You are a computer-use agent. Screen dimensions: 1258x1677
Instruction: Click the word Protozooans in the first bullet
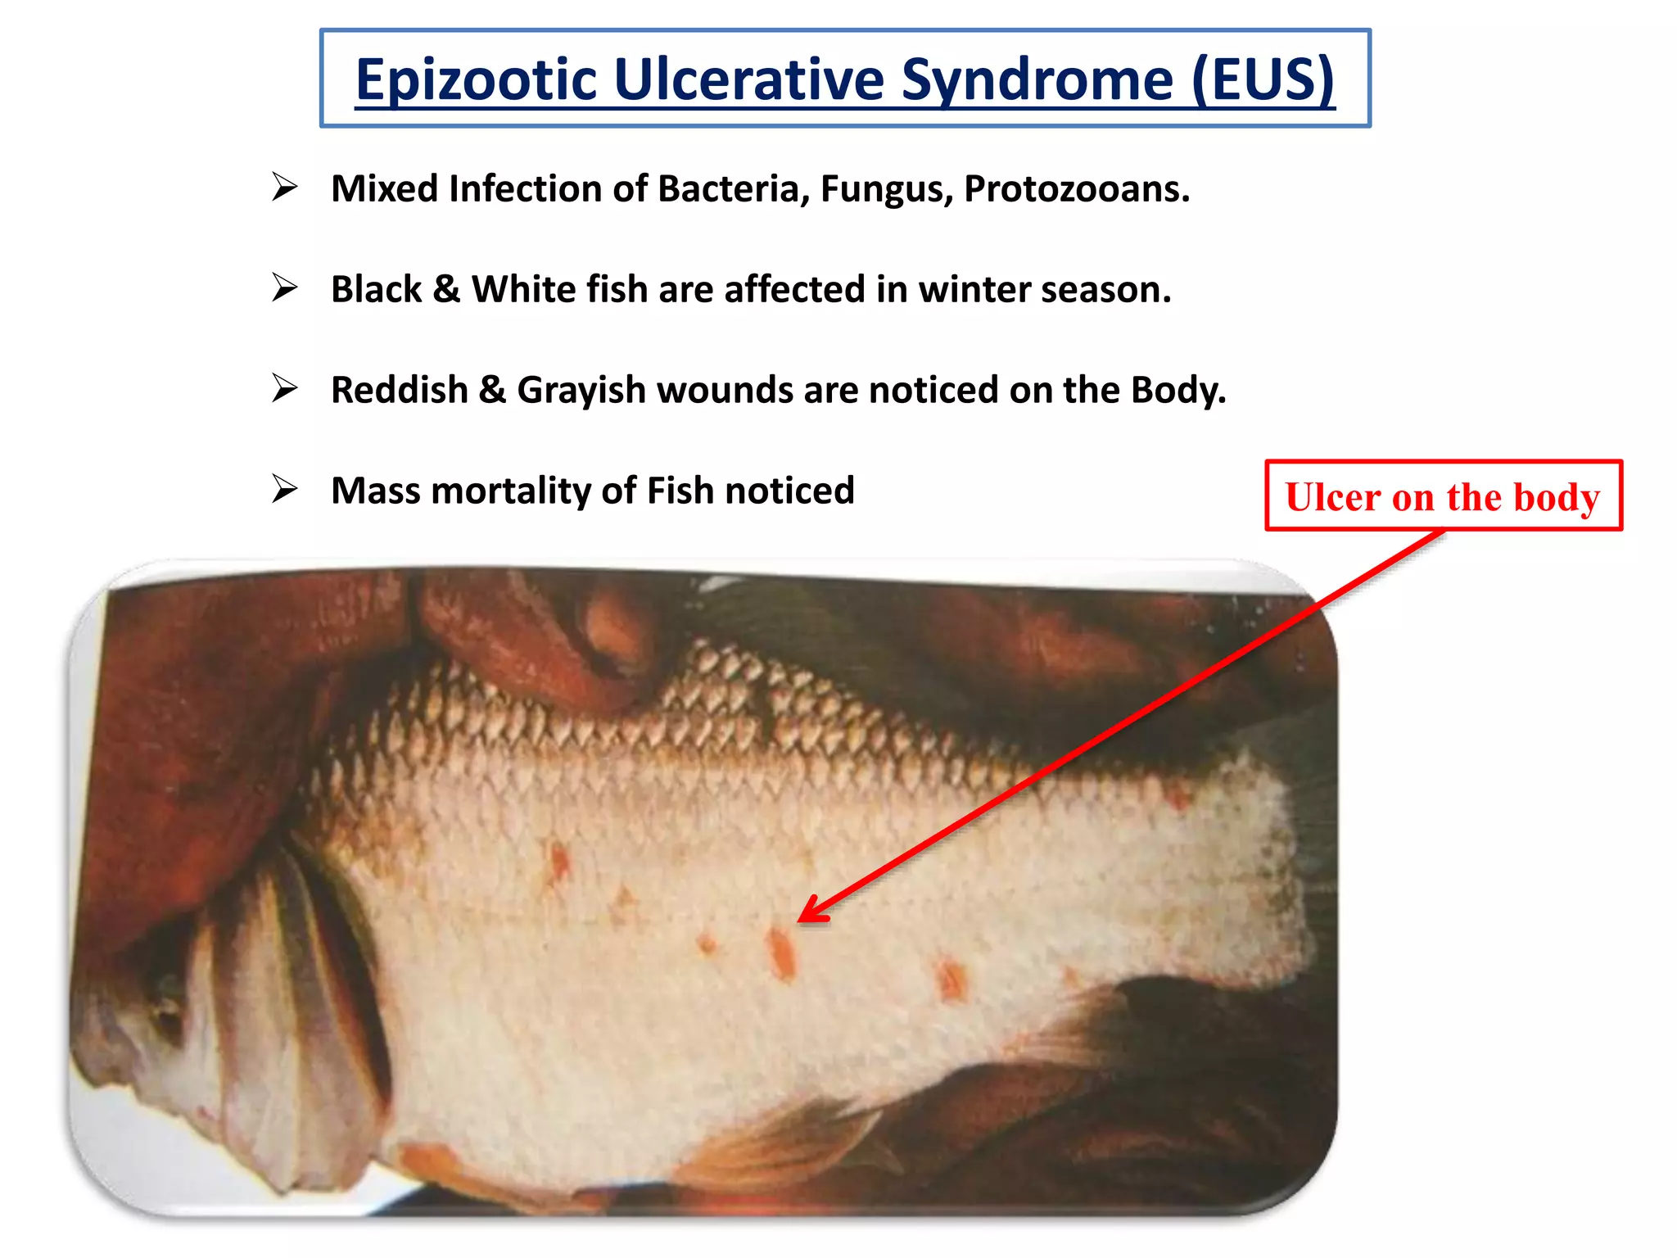1076,188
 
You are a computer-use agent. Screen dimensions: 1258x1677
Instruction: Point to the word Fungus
886,188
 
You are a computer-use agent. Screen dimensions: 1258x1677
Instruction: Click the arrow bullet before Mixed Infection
284,188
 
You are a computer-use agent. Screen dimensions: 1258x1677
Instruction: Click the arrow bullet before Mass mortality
284,490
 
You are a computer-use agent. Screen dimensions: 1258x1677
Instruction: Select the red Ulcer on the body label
1443,496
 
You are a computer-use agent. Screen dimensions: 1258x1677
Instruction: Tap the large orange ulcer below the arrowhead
781,952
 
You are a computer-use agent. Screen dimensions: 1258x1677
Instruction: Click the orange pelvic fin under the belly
786,1138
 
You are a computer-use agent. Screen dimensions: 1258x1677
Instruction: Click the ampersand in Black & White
446,289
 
